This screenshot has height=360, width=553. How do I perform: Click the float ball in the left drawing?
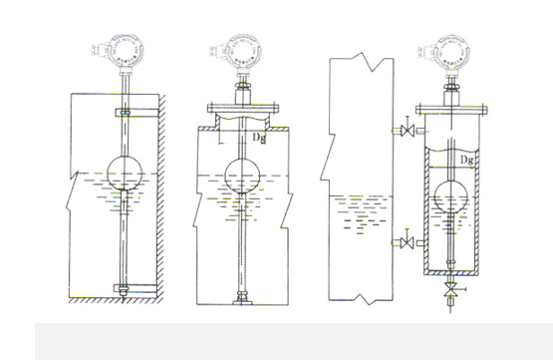point(125,173)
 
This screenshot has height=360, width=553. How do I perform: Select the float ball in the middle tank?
point(242,177)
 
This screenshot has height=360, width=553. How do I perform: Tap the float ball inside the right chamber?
point(450,196)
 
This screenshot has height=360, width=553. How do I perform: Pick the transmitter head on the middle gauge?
point(242,51)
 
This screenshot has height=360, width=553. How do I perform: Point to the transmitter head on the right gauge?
point(450,52)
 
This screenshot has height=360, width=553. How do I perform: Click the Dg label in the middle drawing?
point(259,138)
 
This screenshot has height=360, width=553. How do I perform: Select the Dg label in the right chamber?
point(467,161)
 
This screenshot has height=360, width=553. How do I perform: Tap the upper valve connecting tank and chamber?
point(409,131)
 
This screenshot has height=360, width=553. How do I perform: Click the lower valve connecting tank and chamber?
point(409,242)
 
